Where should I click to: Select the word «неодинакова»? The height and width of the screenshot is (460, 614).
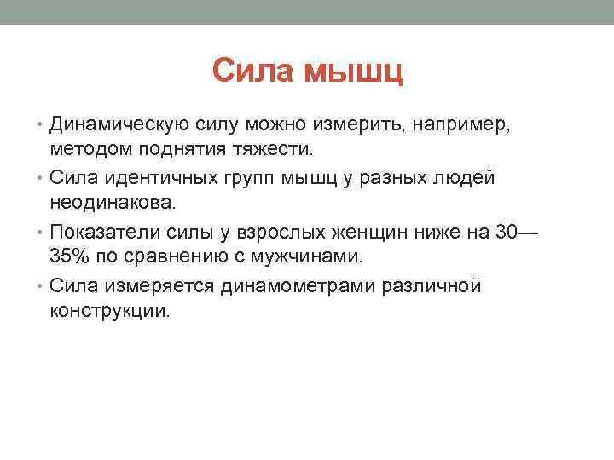[113, 203]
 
